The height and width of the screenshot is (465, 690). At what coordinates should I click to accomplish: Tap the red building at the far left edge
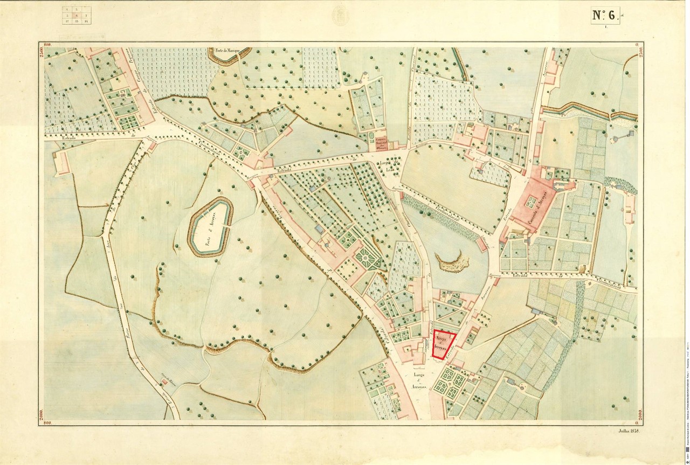tap(61, 162)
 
